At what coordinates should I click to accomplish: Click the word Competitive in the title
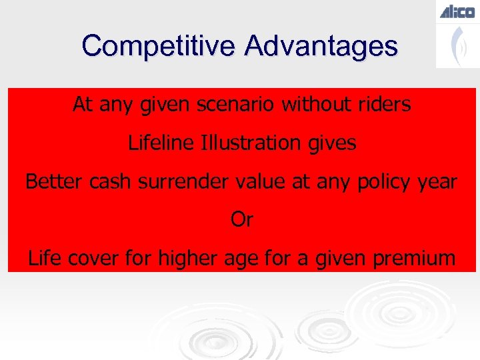click(159, 46)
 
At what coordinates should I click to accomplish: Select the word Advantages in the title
click(321, 46)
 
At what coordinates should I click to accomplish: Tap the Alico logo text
click(457, 11)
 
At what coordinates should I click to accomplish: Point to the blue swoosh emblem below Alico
click(457, 45)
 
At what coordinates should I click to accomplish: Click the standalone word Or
click(241, 219)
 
